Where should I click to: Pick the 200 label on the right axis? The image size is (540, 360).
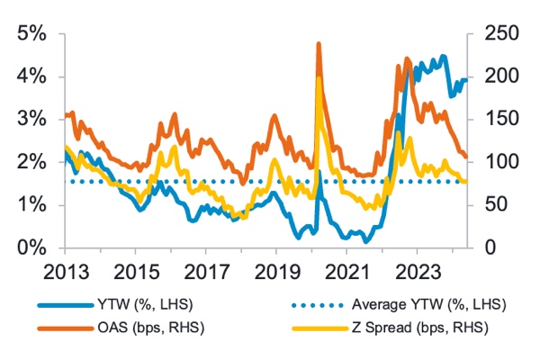[x=492, y=76]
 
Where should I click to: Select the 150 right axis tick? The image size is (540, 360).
[x=492, y=119]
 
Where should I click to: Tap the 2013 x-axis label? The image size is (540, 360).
[x=65, y=271]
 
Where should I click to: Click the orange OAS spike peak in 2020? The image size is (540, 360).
[x=319, y=43]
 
